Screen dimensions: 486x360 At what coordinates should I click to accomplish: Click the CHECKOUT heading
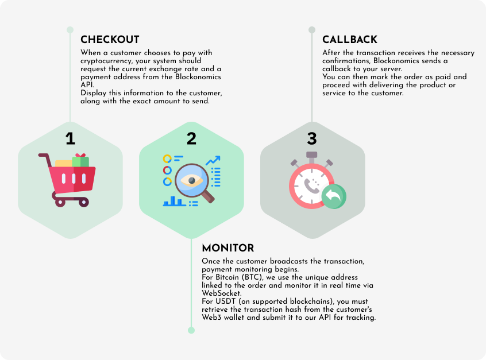coord(110,40)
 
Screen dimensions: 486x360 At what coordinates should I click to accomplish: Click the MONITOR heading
coord(228,248)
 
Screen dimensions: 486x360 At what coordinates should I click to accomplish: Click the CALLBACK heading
coord(350,40)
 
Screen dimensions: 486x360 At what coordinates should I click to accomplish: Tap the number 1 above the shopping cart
coord(70,138)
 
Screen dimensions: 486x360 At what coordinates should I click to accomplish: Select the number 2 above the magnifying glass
coord(191,138)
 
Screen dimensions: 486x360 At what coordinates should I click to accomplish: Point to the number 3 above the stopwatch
coord(312,138)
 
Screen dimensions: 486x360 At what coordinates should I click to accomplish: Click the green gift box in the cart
coord(80,161)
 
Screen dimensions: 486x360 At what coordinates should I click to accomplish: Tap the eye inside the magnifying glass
coord(191,180)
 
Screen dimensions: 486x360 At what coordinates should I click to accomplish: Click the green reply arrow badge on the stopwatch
coord(334,196)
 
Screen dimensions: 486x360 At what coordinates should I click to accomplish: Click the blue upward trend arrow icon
coord(213,161)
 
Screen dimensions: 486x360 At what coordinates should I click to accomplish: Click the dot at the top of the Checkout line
coord(70,30)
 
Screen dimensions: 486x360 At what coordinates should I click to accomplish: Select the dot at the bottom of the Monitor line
coord(191,330)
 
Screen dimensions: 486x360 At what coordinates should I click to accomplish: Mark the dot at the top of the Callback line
coord(312,30)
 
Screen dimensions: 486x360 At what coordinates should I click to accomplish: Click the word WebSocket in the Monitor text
coord(222,293)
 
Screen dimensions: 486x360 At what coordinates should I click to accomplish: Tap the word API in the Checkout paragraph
coord(87,85)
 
